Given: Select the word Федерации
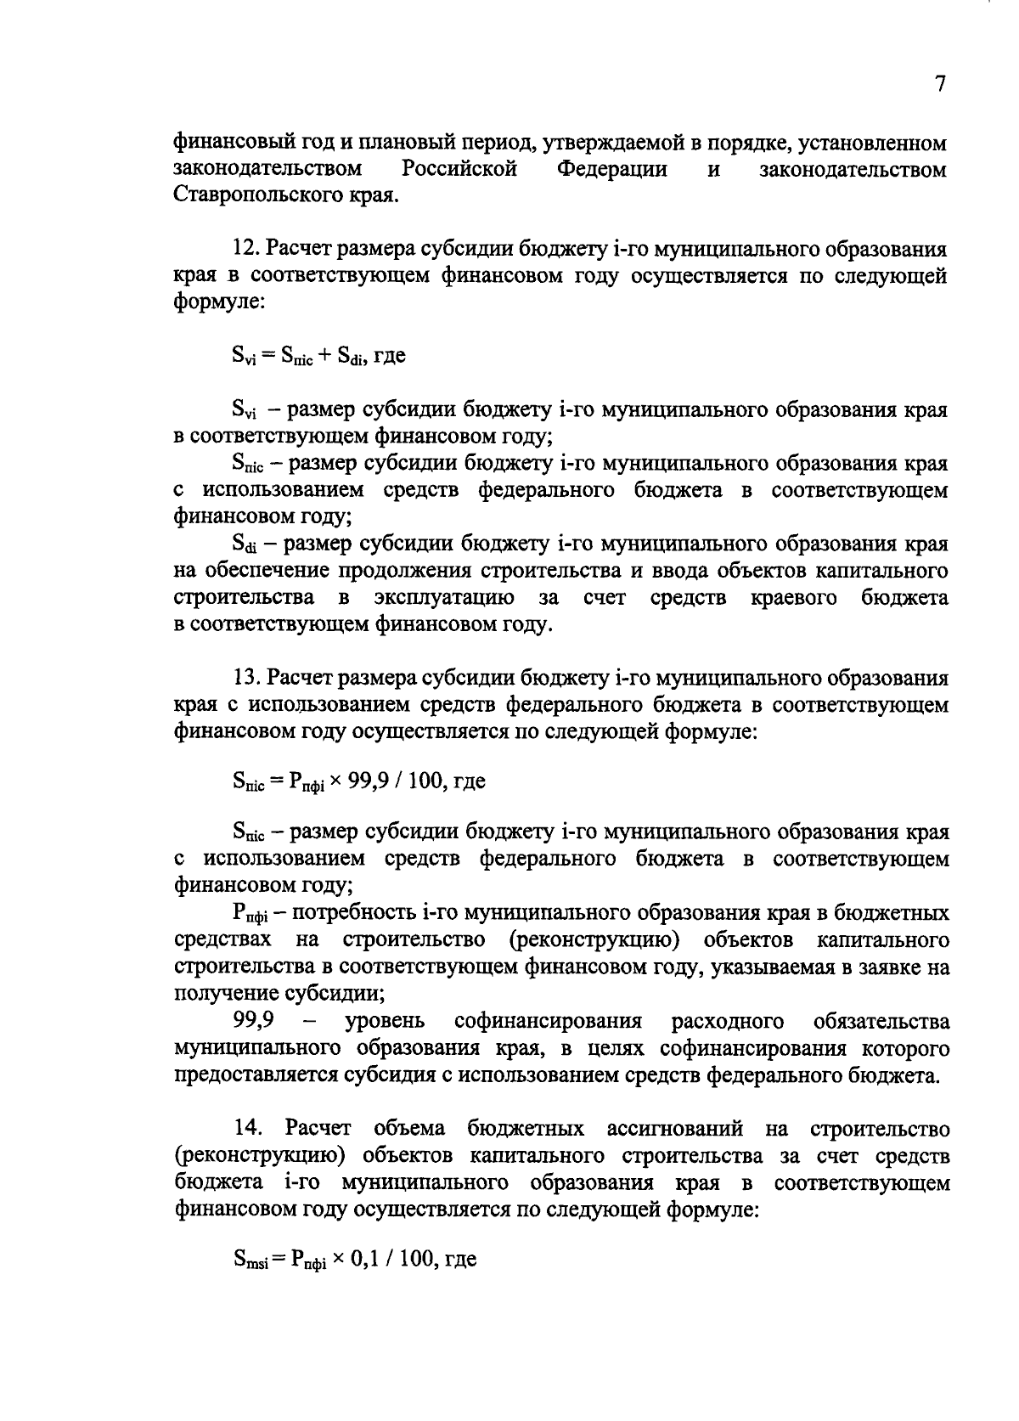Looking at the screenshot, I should [x=611, y=169].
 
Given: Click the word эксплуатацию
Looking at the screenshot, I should [x=443, y=597].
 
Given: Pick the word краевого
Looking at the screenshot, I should [x=794, y=597].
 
